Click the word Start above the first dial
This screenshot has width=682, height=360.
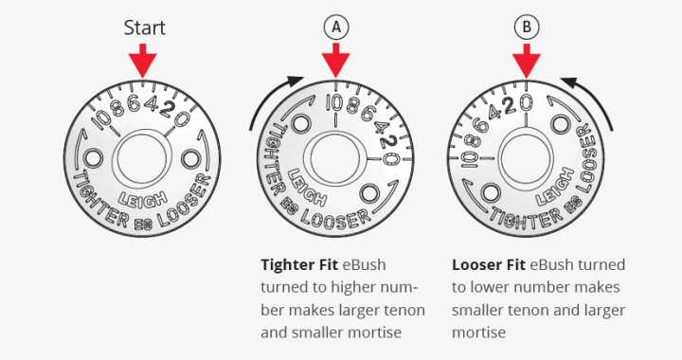click(144, 27)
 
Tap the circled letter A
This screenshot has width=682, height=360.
click(335, 27)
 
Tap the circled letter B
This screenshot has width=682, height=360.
click(527, 27)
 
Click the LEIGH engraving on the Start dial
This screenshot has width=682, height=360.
click(142, 200)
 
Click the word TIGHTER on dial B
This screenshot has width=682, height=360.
click(528, 217)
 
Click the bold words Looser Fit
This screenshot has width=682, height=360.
click(489, 264)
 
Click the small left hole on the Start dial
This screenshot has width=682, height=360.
click(93, 157)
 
